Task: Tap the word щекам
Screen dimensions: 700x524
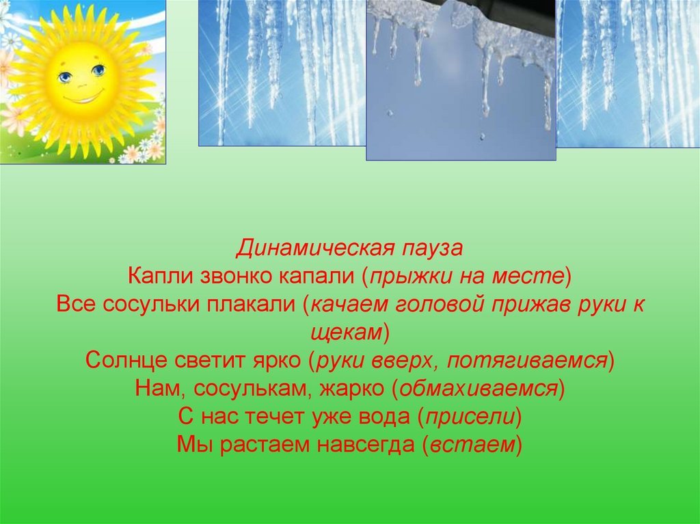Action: tap(347, 333)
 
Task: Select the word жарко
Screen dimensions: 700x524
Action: tap(352, 389)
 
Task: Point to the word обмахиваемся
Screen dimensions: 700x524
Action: tap(479, 389)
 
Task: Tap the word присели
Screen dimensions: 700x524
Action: tap(470, 417)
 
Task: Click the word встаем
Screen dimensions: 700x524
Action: tap(472, 445)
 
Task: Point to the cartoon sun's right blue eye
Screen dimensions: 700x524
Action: tap(98, 70)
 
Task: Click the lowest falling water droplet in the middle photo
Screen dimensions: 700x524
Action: tap(482, 136)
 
